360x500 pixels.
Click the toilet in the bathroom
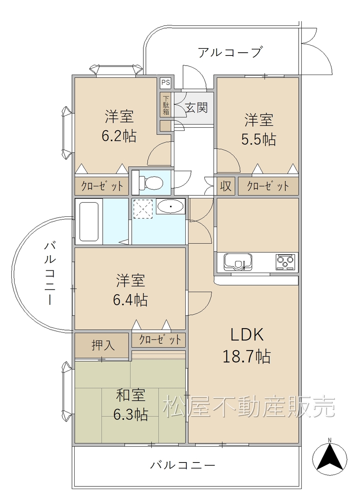point(150,182)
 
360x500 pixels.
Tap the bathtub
point(89,221)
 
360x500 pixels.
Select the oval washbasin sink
point(171,206)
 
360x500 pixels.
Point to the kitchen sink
point(238,262)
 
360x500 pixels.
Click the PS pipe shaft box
point(166,83)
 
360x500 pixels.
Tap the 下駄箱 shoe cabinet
point(166,105)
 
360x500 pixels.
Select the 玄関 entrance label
point(197,107)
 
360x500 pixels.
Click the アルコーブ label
point(229,52)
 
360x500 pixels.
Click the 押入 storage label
point(103,345)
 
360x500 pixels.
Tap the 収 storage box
point(226,186)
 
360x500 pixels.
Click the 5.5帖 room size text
point(259,139)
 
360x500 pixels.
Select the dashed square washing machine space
point(143,209)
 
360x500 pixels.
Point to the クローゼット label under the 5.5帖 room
point(268,186)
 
